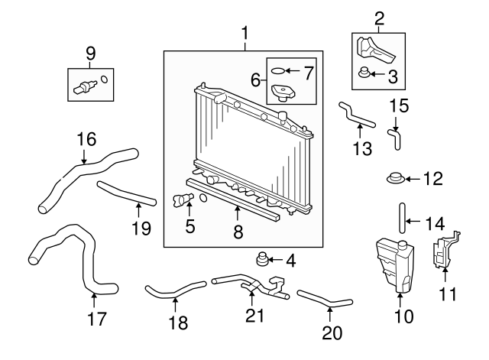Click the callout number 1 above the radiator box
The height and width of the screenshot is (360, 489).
(x=244, y=34)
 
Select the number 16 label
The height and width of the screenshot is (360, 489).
(x=86, y=139)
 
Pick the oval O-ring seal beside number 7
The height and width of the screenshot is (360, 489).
(x=280, y=73)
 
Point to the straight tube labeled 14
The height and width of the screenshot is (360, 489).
(x=402, y=217)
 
